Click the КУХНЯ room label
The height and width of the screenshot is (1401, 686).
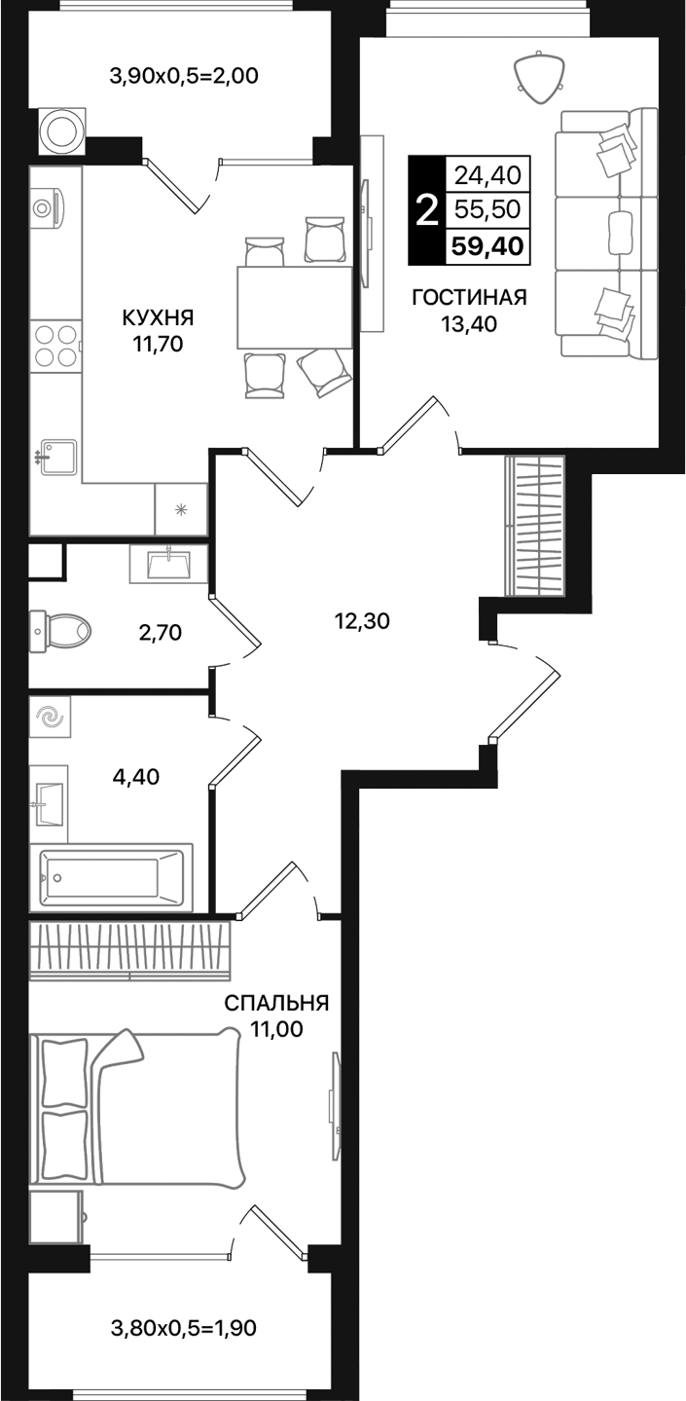(x=158, y=317)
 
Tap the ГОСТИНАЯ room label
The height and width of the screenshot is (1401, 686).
(x=469, y=298)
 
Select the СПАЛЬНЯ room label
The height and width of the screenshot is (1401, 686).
(x=276, y=1003)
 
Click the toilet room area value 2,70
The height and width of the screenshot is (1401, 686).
(x=162, y=633)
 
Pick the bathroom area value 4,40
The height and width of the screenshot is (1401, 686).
(x=135, y=776)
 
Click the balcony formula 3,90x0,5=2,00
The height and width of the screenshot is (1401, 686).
(x=184, y=75)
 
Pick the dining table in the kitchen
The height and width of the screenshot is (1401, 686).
(x=294, y=307)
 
